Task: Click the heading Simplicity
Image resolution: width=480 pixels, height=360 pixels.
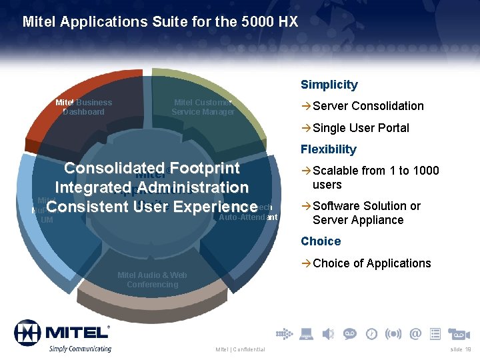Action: [329, 85]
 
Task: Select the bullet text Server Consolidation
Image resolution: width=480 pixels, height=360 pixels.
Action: [368, 106]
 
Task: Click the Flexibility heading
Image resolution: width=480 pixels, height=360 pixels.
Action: [328, 149]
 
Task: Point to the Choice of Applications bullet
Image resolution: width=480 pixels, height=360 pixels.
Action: [371, 263]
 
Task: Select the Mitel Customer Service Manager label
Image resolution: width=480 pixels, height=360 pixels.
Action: [203, 107]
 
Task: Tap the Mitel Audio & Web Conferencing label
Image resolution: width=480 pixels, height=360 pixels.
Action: [152, 280]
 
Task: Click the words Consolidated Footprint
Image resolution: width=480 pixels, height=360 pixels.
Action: [151, 168]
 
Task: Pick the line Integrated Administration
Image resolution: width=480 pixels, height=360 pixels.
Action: [151, 188]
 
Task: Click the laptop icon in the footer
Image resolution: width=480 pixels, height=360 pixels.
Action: [306, 333]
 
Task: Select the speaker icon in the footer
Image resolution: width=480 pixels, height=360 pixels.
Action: [327, 333]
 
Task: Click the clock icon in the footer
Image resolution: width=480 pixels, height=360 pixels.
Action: [371, 333]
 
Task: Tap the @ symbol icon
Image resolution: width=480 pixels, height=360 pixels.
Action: [415, 333]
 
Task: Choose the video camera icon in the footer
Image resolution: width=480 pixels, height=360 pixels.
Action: [459, 333]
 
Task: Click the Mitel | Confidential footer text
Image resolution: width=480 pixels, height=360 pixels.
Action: [240, 349]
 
